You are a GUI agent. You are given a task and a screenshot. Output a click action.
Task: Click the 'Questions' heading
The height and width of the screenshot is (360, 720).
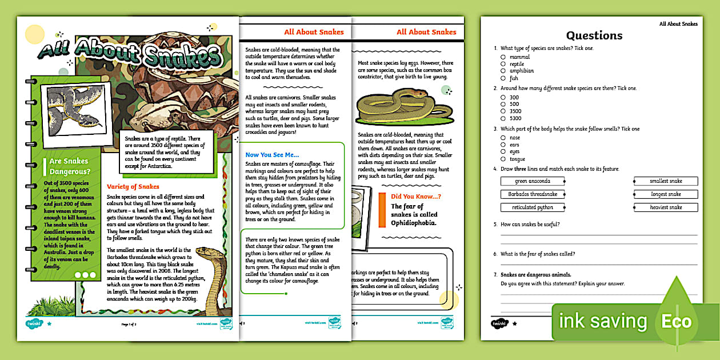(x=594, y=35)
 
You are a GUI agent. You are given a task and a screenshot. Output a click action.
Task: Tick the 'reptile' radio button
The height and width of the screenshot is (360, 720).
(x=503, y=64)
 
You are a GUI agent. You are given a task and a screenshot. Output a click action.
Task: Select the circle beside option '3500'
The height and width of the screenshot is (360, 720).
(x=503, y=111)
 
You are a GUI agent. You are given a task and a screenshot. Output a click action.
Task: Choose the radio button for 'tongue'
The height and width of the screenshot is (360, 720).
(x=503, y=159)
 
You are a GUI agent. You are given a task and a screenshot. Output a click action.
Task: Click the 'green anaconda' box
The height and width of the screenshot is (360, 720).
(x=532, y=181)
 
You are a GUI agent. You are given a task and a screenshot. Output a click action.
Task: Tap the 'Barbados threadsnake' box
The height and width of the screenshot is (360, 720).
(x=532, y=194)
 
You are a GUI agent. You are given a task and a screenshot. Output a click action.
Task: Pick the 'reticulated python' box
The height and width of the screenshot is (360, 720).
(x=532, y=207)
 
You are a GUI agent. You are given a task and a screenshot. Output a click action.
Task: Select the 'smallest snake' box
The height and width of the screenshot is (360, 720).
(x=666, y=181)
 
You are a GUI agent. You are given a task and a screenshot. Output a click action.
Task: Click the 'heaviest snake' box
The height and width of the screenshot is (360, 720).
(x=666, y=207)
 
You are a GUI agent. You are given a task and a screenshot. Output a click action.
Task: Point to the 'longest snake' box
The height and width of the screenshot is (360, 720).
(x=666, y=194)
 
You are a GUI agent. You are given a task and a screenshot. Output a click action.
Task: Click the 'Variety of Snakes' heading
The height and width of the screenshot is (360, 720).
(x=133, y=186)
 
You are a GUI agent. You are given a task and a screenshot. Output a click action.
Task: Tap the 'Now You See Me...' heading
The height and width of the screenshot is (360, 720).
(x=272, y=154)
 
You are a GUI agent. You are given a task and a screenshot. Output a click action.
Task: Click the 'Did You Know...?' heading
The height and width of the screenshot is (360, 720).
(x=416, y=197)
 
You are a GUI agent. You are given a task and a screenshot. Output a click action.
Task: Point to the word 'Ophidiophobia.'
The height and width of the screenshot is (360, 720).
(x=414, y=223)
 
